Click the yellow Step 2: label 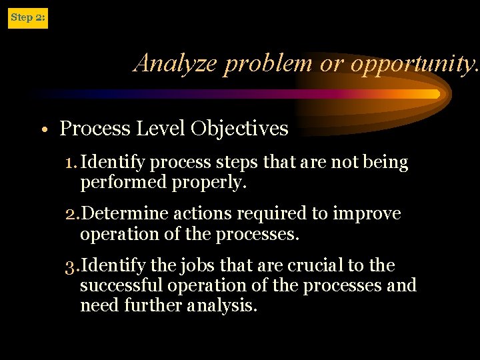27,17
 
